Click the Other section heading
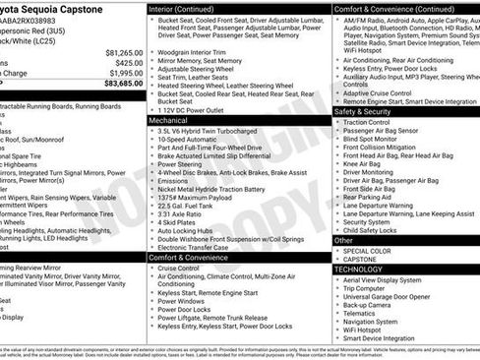click(x=343, y=239)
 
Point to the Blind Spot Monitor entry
click(x=375, y=139)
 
